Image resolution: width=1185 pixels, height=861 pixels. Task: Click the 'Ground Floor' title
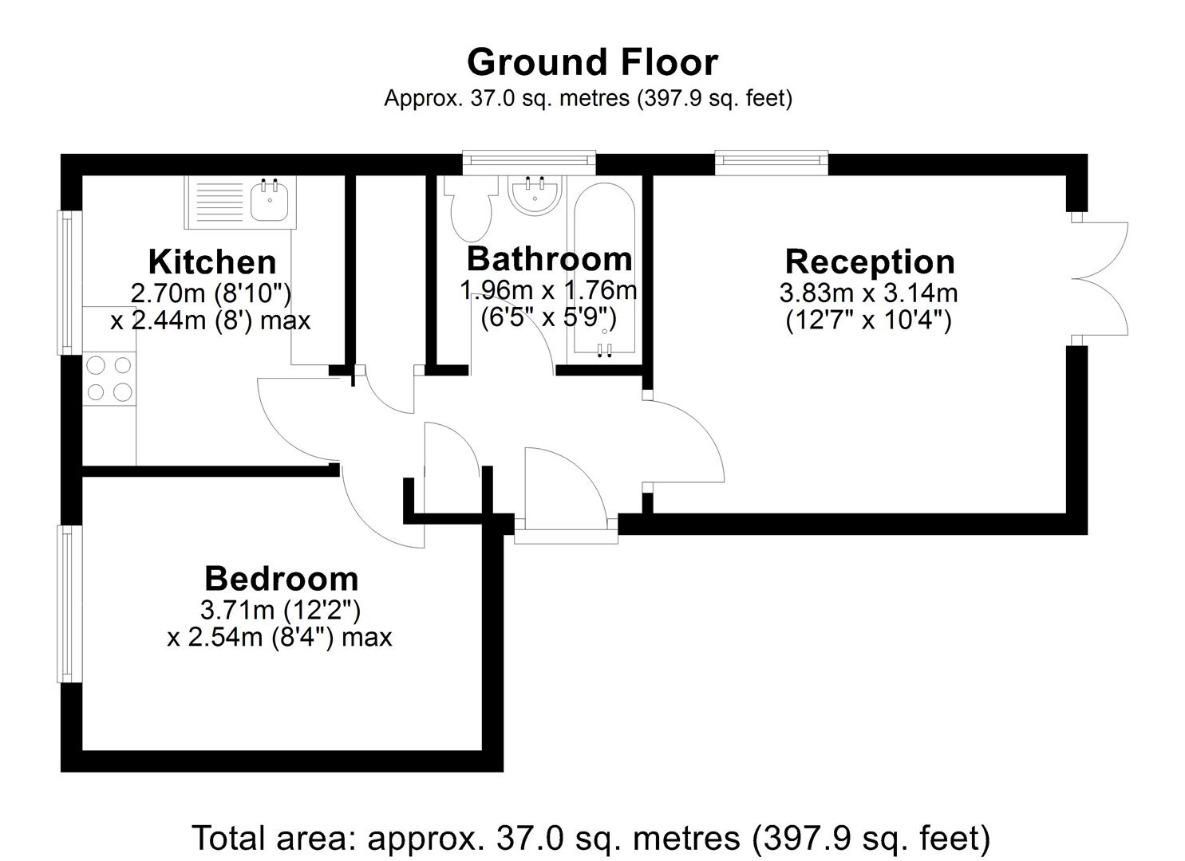point(592,62)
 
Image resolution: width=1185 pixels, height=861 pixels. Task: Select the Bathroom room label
point(549,259)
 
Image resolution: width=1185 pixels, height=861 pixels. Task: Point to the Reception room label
point(870,262)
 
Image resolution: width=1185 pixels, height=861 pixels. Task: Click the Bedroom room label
point(282,579)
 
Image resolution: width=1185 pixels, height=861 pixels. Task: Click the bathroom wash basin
point(535,195)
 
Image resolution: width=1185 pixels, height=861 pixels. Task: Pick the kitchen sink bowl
point(271,201)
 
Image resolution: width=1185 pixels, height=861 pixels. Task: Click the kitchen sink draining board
point(219,202)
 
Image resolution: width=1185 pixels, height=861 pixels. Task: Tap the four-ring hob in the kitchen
point(109,379)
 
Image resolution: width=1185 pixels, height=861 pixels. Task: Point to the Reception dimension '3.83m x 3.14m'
point(869,293)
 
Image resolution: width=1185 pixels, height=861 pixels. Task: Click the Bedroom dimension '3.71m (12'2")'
point(280,611)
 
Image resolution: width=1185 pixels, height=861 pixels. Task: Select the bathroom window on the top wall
point(529,163)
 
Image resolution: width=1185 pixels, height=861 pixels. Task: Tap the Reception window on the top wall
point(772,163)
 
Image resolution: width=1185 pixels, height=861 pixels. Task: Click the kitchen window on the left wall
point(70,283)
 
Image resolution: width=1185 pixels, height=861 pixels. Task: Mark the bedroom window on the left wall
point(70,604)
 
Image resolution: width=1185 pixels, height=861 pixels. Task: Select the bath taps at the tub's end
point(605,350)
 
